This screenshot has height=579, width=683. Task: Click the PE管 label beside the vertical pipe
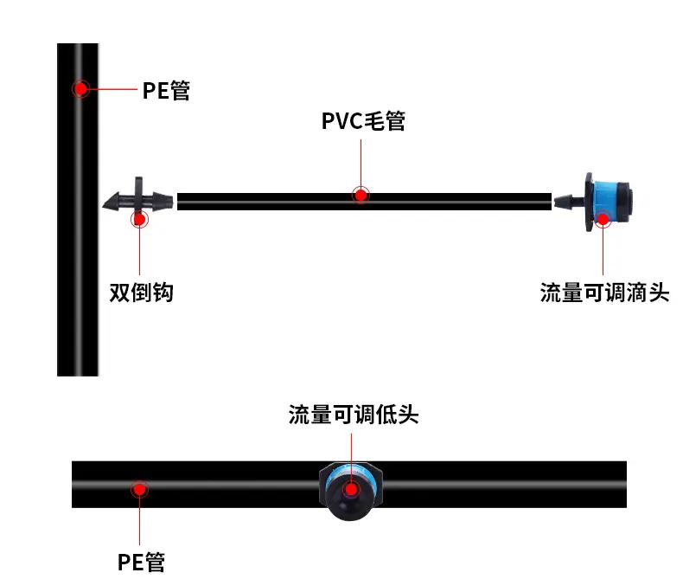click(166, 91)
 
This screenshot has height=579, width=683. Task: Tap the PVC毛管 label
click(363, 121)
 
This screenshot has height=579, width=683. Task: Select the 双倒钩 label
click(141, 293)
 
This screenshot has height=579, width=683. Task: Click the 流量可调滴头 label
click(604, 293)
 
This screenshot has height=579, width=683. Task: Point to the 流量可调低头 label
click(354, 415)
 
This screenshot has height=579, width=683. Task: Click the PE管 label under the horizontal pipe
click(141, 562)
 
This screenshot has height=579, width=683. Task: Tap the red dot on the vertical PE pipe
click(80, 89)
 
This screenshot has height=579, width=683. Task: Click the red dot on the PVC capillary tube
click(361, 196)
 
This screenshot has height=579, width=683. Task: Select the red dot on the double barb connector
click(139, 219)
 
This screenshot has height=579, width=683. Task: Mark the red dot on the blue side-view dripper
click(603, 219)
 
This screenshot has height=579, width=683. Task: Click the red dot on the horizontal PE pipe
click(139, 489)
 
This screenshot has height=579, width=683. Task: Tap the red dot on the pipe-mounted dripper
click(351, 489)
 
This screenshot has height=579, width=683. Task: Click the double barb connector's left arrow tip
click(103, 205)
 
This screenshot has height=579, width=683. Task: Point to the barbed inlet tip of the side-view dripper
click(554, 202)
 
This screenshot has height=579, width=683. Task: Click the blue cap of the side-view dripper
click(610, 202)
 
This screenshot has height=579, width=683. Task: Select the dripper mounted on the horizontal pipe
click(351, 491)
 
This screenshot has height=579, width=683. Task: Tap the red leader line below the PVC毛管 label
click(361, 164)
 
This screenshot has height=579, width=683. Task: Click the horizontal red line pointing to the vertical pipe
click(112, 89)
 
